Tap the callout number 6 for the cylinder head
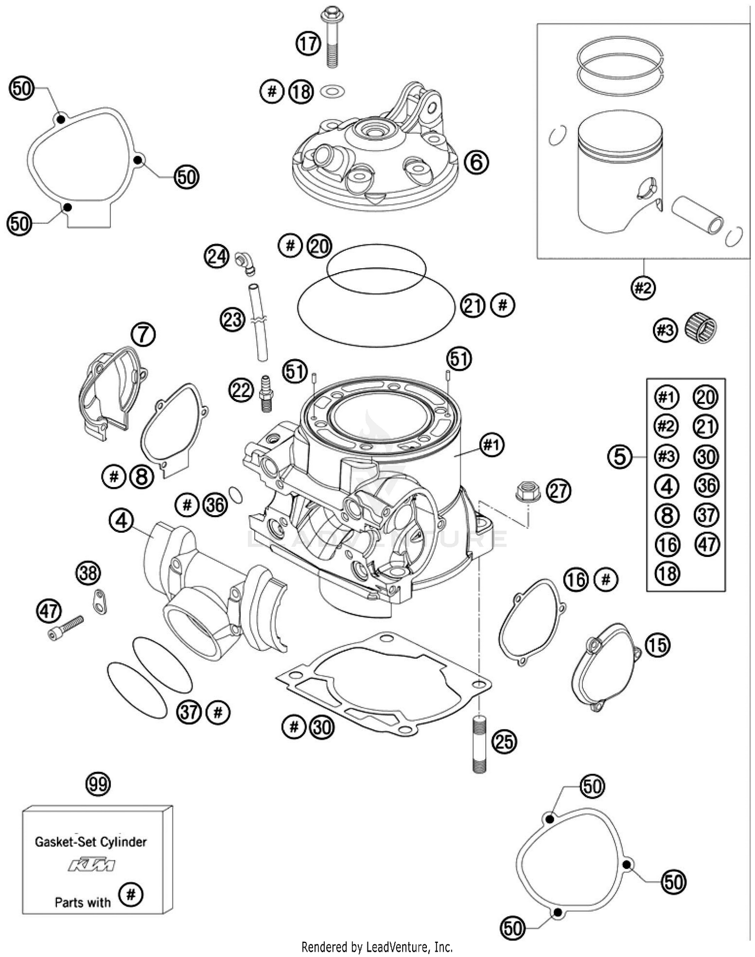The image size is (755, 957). pos(476,162)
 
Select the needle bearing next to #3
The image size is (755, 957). pos(701,328)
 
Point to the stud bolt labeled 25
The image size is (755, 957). pos(479,744)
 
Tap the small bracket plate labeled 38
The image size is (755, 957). pos(100,601)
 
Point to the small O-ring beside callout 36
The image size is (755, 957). pos(236,495)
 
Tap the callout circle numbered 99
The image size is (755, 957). pos(98,784)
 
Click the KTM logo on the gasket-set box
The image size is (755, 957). pos(92,865)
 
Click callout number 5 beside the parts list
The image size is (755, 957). pos(620,456)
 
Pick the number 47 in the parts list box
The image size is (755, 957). pos(707,544)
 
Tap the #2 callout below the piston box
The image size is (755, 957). pos(643,288)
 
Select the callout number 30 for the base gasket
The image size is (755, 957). pos(322,727)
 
